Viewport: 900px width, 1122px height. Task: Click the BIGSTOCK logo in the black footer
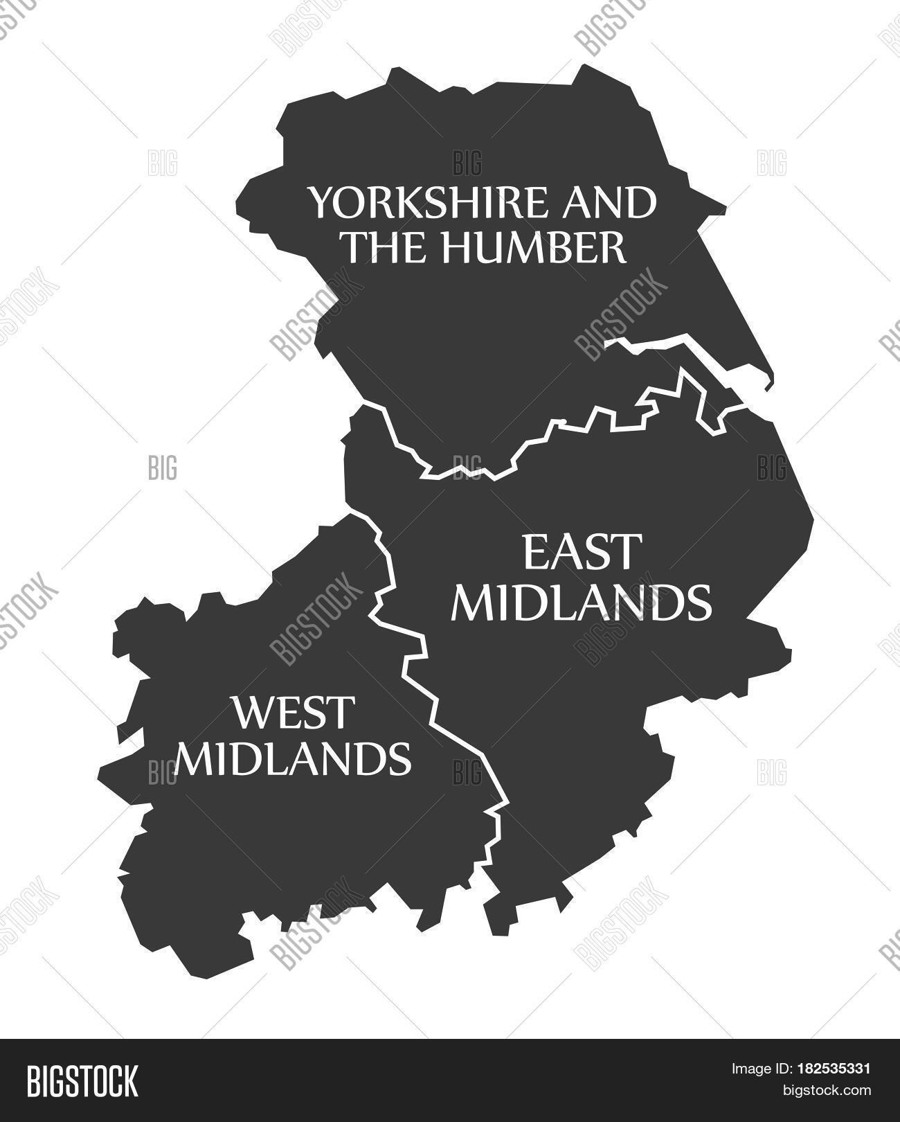point(82,1080)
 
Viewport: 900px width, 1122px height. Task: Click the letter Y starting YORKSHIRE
point(320,202)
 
